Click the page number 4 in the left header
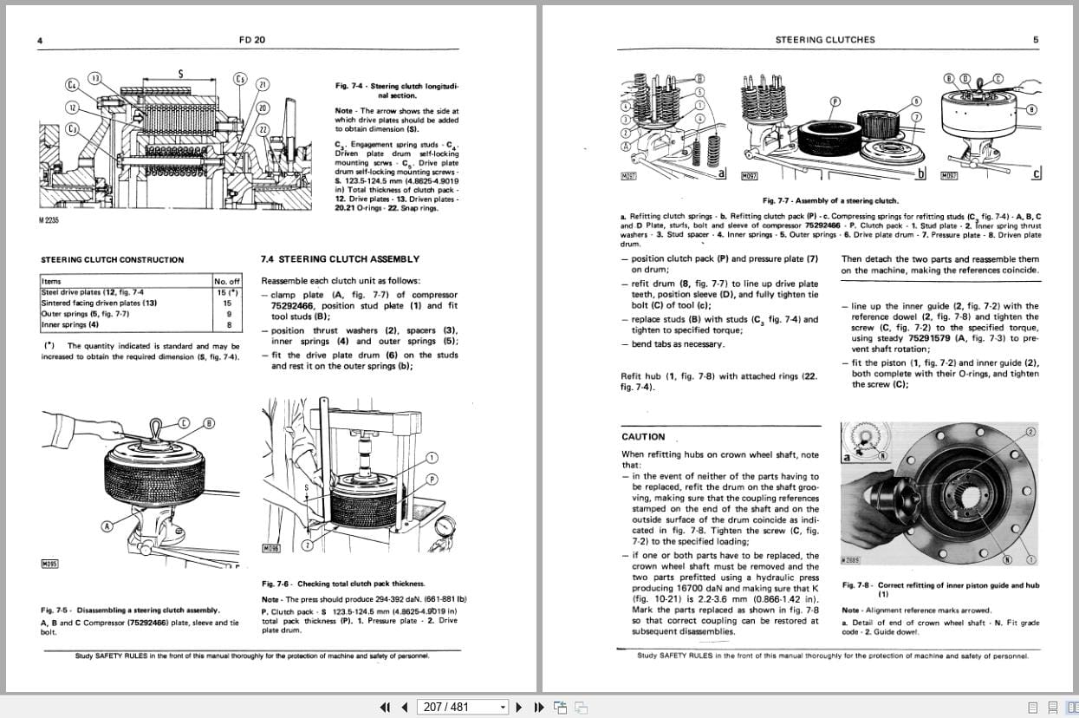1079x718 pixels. [41, 40]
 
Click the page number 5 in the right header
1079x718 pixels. [1036, 40]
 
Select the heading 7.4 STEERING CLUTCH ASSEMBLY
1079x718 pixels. [340, 259]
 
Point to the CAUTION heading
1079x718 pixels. [643, 437]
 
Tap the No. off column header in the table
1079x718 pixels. [227, 281]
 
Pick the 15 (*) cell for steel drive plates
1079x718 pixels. [227, 292]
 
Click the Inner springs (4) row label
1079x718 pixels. [70, 325]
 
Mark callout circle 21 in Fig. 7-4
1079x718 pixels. [263, 85]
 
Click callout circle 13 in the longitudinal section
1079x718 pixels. [94, 79]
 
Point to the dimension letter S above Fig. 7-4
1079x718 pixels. [180, 74]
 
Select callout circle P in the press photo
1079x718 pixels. [432, 480]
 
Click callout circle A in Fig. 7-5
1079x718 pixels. [107, 525]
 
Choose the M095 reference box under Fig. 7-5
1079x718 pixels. [49, 565]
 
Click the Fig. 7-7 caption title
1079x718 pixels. [830, 201]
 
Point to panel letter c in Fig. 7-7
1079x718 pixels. [1037, 173]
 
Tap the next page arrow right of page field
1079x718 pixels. [519, 707]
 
